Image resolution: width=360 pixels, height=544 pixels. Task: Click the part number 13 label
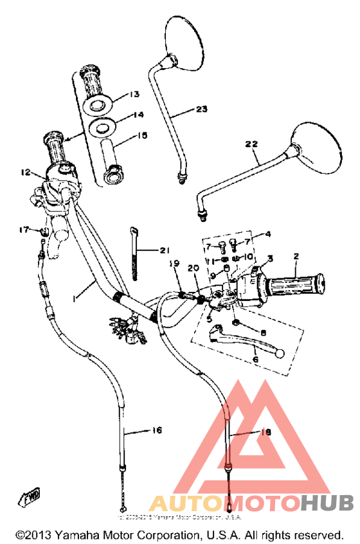[x=133, y=95]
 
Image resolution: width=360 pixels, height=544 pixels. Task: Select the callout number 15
[x=141, y=135]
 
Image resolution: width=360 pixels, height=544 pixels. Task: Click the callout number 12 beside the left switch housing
[x=25, y=172]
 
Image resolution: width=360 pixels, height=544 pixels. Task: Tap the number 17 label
[x=24, y=230]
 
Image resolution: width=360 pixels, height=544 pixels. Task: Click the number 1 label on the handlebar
[x=75, y=299]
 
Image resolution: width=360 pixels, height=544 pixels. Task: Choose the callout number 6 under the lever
[x=255, y=360]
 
